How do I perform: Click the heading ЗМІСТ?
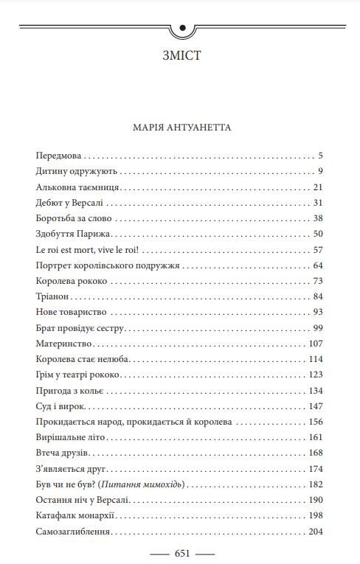tap(180, 55)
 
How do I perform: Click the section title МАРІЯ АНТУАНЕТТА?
tap(180, 128)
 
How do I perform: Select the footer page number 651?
tap(181, 553)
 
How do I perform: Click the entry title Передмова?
tap(58, 156)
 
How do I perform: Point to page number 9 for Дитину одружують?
tap(321, 172)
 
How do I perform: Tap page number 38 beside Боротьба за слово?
tap(318, 218)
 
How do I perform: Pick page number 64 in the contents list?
tap(318, 265)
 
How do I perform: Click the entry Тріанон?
tap(52, 296)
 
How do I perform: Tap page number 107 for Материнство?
tap(316, 344)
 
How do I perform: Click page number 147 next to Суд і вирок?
tap(316, 406)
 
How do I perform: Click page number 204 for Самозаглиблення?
tap(316, 531)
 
